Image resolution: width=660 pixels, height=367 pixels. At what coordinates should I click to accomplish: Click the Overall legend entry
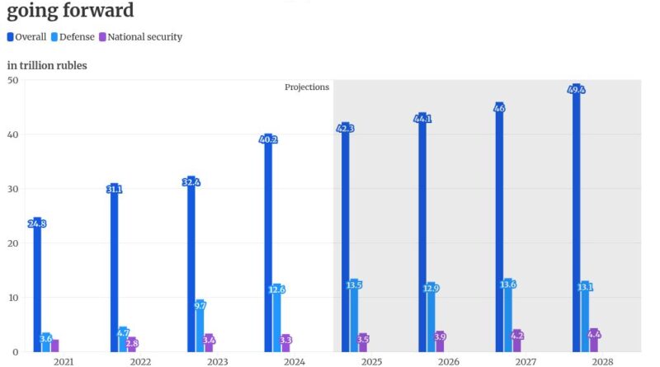pyautogui.click(x=27, y=37)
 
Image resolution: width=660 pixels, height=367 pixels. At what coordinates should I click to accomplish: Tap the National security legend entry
pyautogui.click(x=140, y=37)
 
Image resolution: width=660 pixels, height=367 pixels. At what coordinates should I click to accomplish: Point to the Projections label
pyautogui.click(x=307, y=87)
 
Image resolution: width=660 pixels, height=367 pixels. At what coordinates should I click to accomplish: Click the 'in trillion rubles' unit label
pyautogui.click(x=47, y=65)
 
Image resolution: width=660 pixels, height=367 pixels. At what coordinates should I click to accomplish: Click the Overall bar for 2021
pyautogui.click(x=37, y=289)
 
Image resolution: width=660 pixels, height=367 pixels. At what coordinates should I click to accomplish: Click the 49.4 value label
pyautogui.click(x=577, y=89)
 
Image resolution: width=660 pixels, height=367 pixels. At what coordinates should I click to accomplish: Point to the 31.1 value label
pyautogui.click(x=115, y=190)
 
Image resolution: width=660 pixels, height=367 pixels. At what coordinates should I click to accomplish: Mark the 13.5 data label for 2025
pyautogui.click(x=354, y=285)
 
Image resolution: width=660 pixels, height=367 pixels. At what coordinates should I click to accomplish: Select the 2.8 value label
pyautogui.click(x=132, y=342)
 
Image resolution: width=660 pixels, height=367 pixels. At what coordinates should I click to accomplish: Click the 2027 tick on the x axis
pyautogui.click(x=525, y=361)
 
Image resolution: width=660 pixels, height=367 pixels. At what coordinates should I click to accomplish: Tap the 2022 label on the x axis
pyautogui.click(x=140, y=361)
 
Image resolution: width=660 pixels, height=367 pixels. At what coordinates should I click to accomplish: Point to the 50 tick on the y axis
pyautogui.click(x=13, y=80)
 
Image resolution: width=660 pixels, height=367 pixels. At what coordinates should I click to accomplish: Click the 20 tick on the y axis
pyautogui.click(x=13, y=243)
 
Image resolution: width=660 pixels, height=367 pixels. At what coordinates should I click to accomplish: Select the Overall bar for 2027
pyautogui.click(x=499, y=231)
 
